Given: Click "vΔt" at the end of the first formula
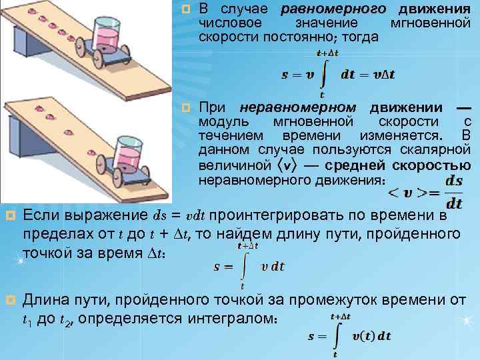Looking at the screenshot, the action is [x=382, y=74].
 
